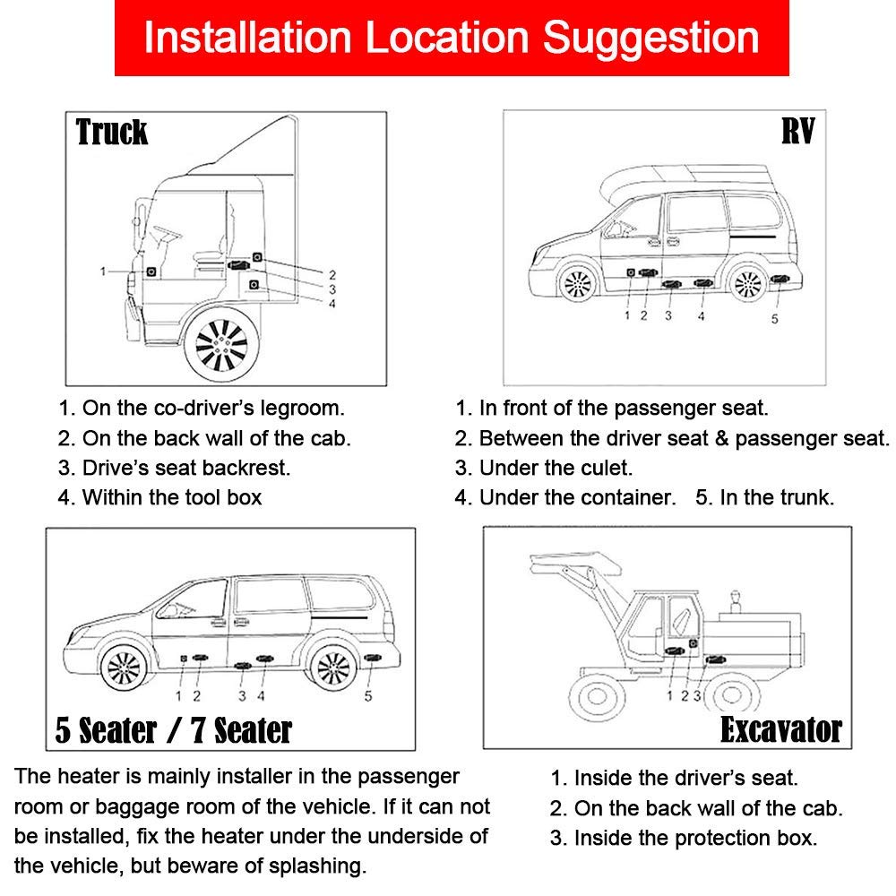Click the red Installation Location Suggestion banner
tap(451, 39)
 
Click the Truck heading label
tap(112, 133)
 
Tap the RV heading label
tap(797, 133)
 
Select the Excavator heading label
tap(780, 729)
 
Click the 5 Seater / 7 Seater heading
tap(173, 729)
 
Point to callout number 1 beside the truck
tap(104, 271)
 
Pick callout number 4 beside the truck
tap(332, 303)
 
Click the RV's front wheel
tap(575, 284)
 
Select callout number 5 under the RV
tap(775, 316)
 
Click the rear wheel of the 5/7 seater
tap(332, 668)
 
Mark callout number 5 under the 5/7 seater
tap(368, 695)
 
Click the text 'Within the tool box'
tap(172, 497)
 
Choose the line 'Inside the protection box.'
tap(695, 839)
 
